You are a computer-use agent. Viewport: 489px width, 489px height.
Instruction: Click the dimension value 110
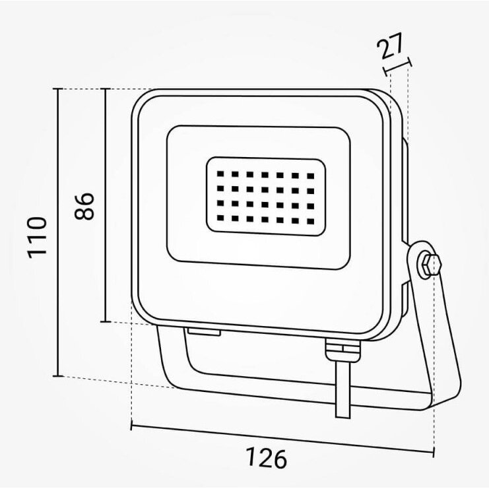coord(38,238)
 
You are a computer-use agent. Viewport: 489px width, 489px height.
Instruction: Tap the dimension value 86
coord(84,206)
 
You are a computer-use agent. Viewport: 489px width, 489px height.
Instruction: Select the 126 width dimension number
coord(266,458)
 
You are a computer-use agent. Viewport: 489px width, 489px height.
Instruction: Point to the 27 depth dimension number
coord(389,46)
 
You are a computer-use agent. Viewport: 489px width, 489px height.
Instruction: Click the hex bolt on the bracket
coord(430,265)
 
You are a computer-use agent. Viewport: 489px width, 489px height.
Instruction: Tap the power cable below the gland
coord(343,389)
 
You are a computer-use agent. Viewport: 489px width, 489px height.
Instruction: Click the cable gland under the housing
coord(342,350)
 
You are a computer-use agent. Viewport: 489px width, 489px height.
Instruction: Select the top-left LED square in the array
coord(220,174)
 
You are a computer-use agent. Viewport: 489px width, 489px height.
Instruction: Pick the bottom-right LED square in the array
coord(311,222)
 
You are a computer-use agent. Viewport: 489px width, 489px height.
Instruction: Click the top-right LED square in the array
coord(311,176)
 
